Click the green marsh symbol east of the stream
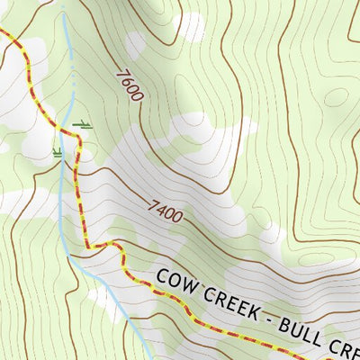pyautogui.click(x=83, y=124)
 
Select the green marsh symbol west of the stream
pyautogui.click(x=58, y=152)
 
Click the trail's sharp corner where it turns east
pyautogui.click(x=89, y=246)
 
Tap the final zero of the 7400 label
pyautogui.click(x=178, y=217)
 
